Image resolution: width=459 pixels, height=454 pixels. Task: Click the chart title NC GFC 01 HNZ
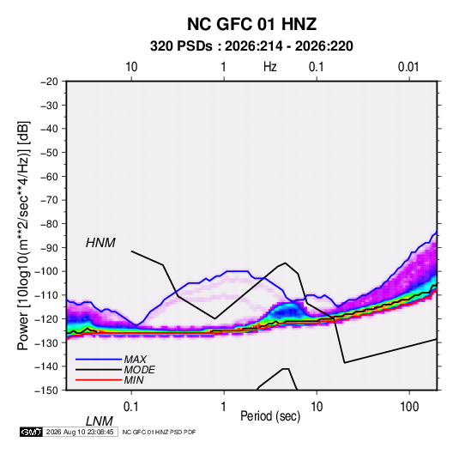[251, 24]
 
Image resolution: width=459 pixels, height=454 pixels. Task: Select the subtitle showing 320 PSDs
[251, 46]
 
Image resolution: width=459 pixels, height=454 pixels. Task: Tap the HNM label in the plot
[100, 243]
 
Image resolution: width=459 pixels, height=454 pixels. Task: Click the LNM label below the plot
[99, 421]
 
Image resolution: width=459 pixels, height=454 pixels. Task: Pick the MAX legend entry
[135, 359]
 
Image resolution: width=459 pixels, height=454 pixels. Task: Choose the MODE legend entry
[139, 370]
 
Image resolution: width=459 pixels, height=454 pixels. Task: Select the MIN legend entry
[134, 380]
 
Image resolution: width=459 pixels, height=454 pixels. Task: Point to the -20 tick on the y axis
[49, 82]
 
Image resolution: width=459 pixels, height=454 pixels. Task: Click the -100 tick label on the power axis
[46, 271]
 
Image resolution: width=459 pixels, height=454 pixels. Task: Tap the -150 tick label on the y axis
[46, 390]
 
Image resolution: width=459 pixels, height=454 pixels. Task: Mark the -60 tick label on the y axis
[49, 176]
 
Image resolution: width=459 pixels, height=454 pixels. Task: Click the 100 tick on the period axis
[409, 407]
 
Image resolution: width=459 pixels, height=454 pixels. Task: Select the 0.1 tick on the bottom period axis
[131, 407]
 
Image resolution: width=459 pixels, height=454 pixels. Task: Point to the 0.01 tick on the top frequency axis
[408, 67]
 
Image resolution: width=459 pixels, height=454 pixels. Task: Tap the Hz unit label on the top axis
[270, 67]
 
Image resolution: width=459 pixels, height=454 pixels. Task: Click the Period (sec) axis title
[270, 416]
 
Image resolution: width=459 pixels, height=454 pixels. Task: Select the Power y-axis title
[23, 236]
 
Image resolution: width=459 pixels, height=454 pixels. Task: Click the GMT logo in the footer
[31, 432]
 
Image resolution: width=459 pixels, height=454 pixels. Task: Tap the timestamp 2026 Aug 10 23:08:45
[80, 432]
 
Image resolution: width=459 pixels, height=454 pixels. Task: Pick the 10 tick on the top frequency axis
[131, 67]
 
